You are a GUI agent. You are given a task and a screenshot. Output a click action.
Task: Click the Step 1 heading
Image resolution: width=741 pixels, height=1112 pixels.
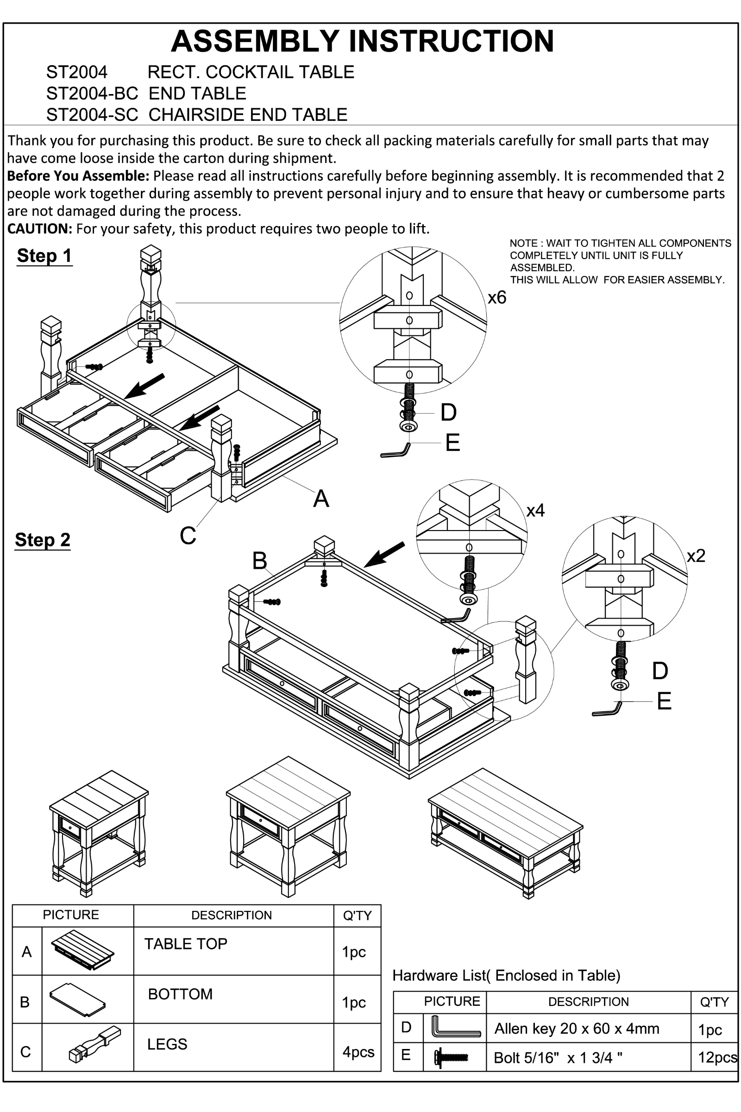(x=44, y=256)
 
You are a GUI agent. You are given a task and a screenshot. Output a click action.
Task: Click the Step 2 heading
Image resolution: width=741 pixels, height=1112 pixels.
(x=43, y=539)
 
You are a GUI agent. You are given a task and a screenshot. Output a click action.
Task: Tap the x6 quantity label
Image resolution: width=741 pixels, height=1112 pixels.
(x=496, y=297)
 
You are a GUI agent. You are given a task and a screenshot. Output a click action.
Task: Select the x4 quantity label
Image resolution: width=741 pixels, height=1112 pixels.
(x=535, y=510)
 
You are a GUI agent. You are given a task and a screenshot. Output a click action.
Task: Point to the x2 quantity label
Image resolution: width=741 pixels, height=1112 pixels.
(x=696, y=556)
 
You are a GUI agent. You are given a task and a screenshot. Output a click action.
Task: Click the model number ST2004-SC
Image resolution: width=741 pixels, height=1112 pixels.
(x=92, y=115)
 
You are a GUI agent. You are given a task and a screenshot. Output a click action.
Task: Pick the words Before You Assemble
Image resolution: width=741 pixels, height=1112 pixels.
(x=78, y=176)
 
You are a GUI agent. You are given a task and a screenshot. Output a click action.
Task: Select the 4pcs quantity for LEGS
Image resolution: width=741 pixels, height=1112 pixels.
(x=358, y=1051)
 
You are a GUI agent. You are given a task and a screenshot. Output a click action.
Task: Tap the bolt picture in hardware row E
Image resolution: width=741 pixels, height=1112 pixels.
(x=451, y=1057)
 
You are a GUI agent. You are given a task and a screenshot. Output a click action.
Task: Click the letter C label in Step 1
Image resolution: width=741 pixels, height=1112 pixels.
(x=188, y=536)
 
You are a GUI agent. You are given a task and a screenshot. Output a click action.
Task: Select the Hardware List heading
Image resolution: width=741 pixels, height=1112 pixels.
(x=506, y=975)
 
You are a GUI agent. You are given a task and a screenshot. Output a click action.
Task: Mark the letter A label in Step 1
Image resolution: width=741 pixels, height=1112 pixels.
(x=321, y=499)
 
